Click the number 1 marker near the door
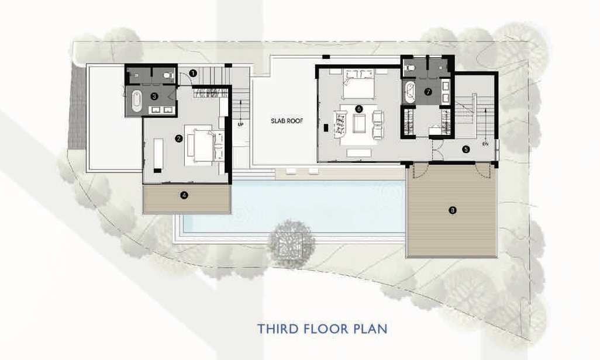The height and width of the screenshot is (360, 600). coord(193,72)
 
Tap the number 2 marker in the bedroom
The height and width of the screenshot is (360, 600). coord(178,139)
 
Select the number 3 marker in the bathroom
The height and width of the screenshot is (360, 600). coord(154,95)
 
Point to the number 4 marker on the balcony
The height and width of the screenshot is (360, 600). coord(184,196)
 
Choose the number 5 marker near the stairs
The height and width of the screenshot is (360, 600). coord(466,149)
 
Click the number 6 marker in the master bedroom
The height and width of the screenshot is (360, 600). coord(358,108)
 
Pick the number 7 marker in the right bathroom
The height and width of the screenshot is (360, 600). coord(427,91)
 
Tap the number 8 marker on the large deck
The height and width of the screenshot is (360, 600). coord(452,210)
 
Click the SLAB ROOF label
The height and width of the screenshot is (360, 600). coord(283,122)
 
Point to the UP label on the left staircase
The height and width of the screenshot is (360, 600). coord(240,124)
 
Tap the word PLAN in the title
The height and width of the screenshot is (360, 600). coord(368,328)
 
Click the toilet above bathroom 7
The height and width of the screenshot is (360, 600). coord(411,67)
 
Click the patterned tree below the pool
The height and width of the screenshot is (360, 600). coord(288,243)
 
